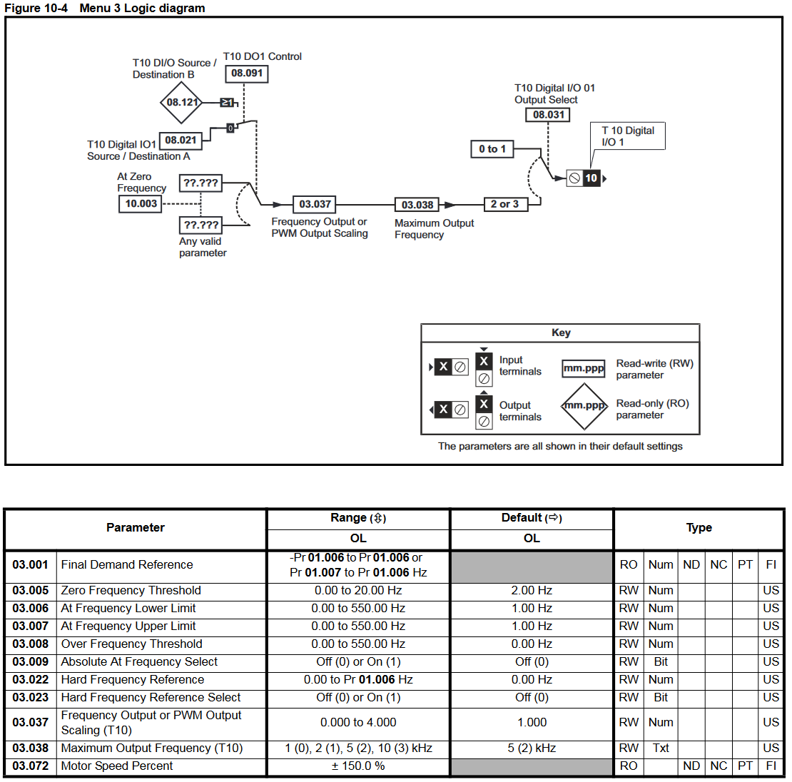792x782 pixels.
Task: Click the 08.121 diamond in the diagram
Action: click(x=181, y=103)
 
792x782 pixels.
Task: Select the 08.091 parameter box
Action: click(x=246, y=73)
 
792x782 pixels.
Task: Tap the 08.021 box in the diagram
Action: click(x=181, y=141)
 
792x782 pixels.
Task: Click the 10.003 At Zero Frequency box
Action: click(x=141, y=203)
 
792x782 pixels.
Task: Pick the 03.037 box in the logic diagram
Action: click(x=315, y=205)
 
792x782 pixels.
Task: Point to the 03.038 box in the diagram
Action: click(x=417, y=205)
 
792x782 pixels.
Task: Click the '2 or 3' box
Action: click(x=505, y=204)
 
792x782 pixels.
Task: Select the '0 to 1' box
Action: click(x=492, y=149)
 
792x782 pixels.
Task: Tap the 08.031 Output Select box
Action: click(x=548, y=115)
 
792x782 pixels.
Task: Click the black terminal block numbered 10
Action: click(x=592, y=178)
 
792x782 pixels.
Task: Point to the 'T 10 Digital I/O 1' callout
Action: click(x=628, y=136)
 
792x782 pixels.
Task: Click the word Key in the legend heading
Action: click(x=561, y=333)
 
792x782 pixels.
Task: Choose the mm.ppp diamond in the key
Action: click(x=584, y=406)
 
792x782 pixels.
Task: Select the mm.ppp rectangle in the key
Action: click(x=584, y=368)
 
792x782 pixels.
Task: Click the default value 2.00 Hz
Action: click(x=532, y=591)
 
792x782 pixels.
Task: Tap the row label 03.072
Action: click(x=30, y=766)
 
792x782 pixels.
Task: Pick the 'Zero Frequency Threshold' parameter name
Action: click(x=131, y=591)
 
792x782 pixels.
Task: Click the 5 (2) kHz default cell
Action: click(x=532, y=748)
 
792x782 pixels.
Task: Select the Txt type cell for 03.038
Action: click(x=661, y=748)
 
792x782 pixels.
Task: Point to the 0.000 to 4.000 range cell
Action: click(x=358, y=722)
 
